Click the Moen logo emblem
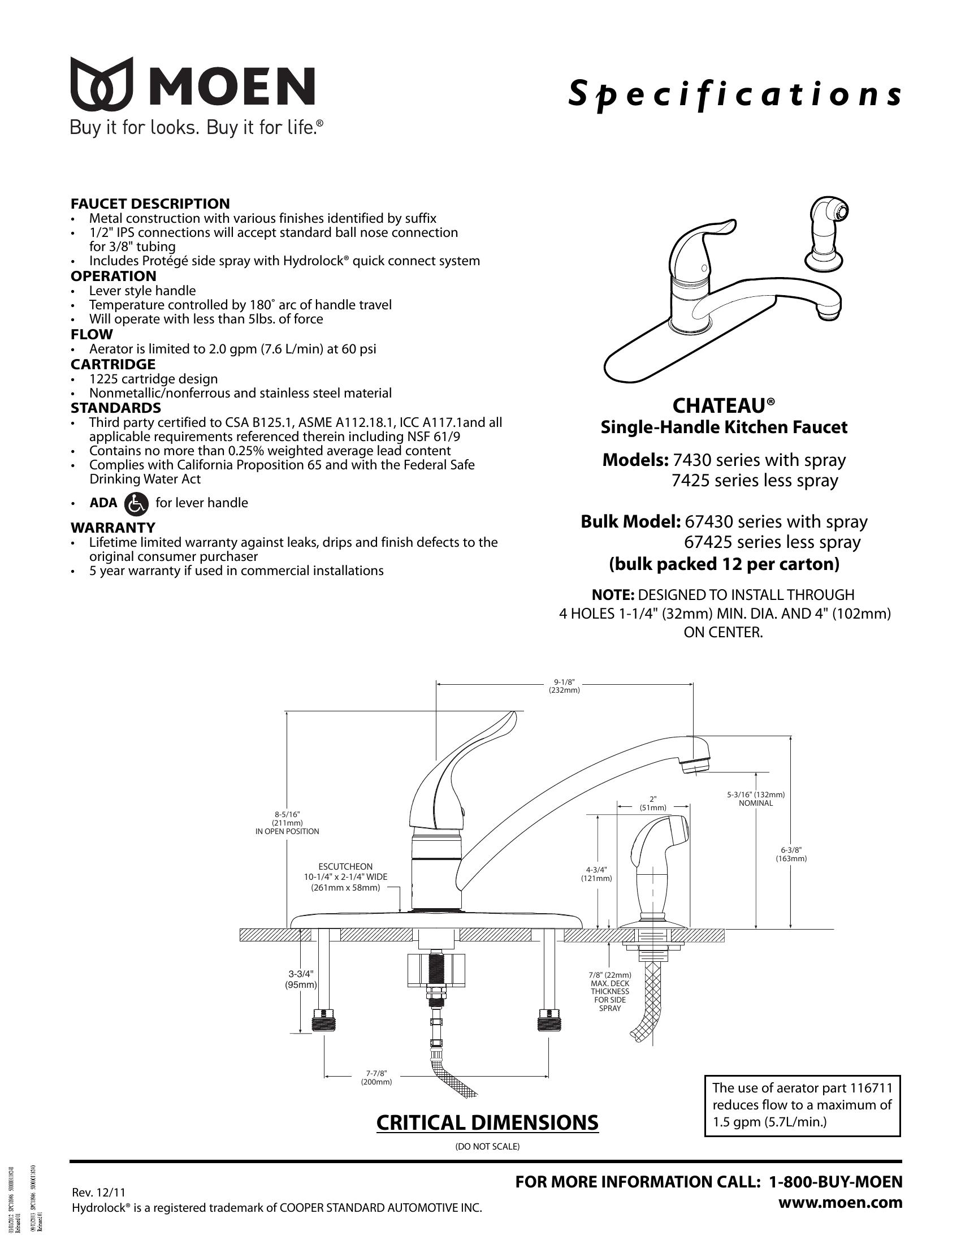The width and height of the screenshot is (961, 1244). coord(102,84)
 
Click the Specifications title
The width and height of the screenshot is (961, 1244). coord(735,94)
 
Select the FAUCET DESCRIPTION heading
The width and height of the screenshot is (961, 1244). coord(150,204)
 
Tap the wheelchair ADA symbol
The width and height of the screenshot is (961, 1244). coord(136,503)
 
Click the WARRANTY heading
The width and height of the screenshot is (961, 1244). coord(112,527)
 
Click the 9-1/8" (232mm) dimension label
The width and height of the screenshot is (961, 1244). coord(564,686)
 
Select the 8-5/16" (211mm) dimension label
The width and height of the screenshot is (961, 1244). coord(287,823)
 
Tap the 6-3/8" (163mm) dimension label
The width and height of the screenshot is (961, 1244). coord(791,854)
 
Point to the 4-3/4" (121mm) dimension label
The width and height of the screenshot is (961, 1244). coord(596,874)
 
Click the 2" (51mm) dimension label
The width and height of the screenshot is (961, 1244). coord(652,803)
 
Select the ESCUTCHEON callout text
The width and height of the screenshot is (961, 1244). coord(345,877)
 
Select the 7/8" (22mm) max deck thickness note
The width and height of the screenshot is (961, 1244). coord(610,991)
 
